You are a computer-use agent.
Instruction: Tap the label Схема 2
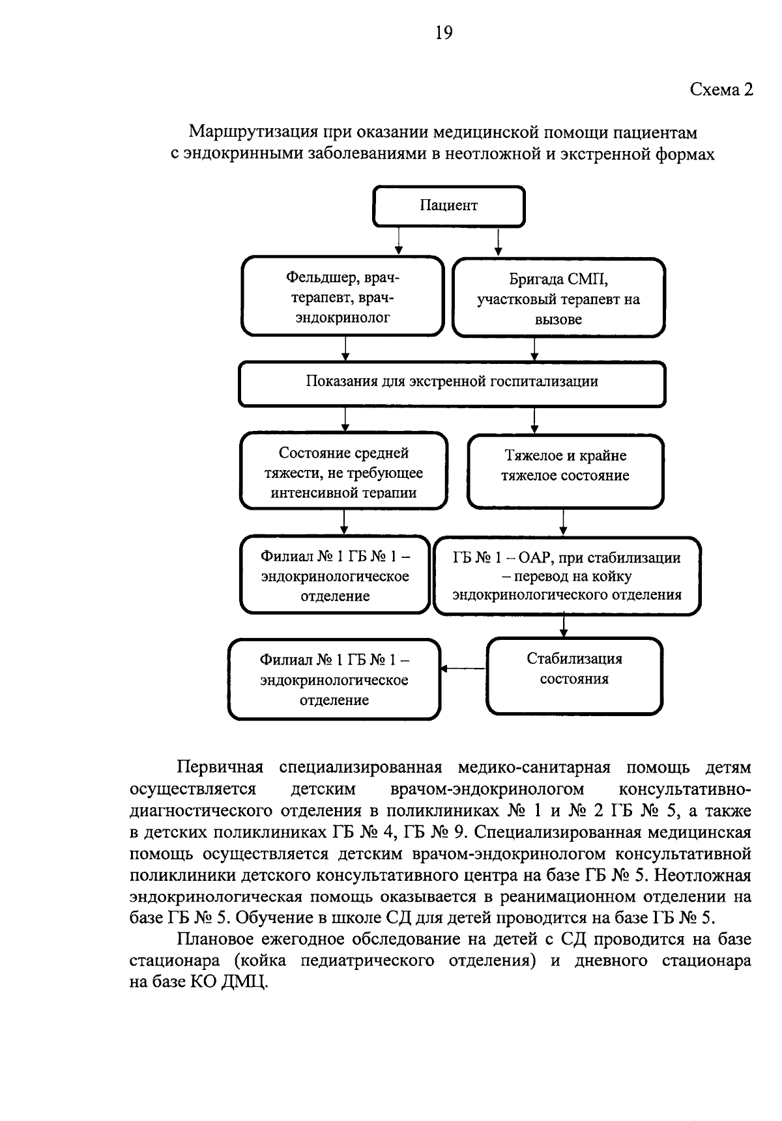[721, 90]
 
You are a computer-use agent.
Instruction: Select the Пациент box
[448, 206]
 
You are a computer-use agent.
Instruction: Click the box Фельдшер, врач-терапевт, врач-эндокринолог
[343, 298]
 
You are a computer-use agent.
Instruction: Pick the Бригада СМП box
[558, 299]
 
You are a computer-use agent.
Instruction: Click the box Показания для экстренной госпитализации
[452, 382]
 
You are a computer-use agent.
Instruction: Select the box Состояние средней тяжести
[343, 471]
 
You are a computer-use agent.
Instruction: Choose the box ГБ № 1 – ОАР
[567, 576]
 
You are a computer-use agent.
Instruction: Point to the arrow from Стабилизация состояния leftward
[463, 669]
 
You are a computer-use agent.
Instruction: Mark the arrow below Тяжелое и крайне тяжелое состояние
[564, 521]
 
